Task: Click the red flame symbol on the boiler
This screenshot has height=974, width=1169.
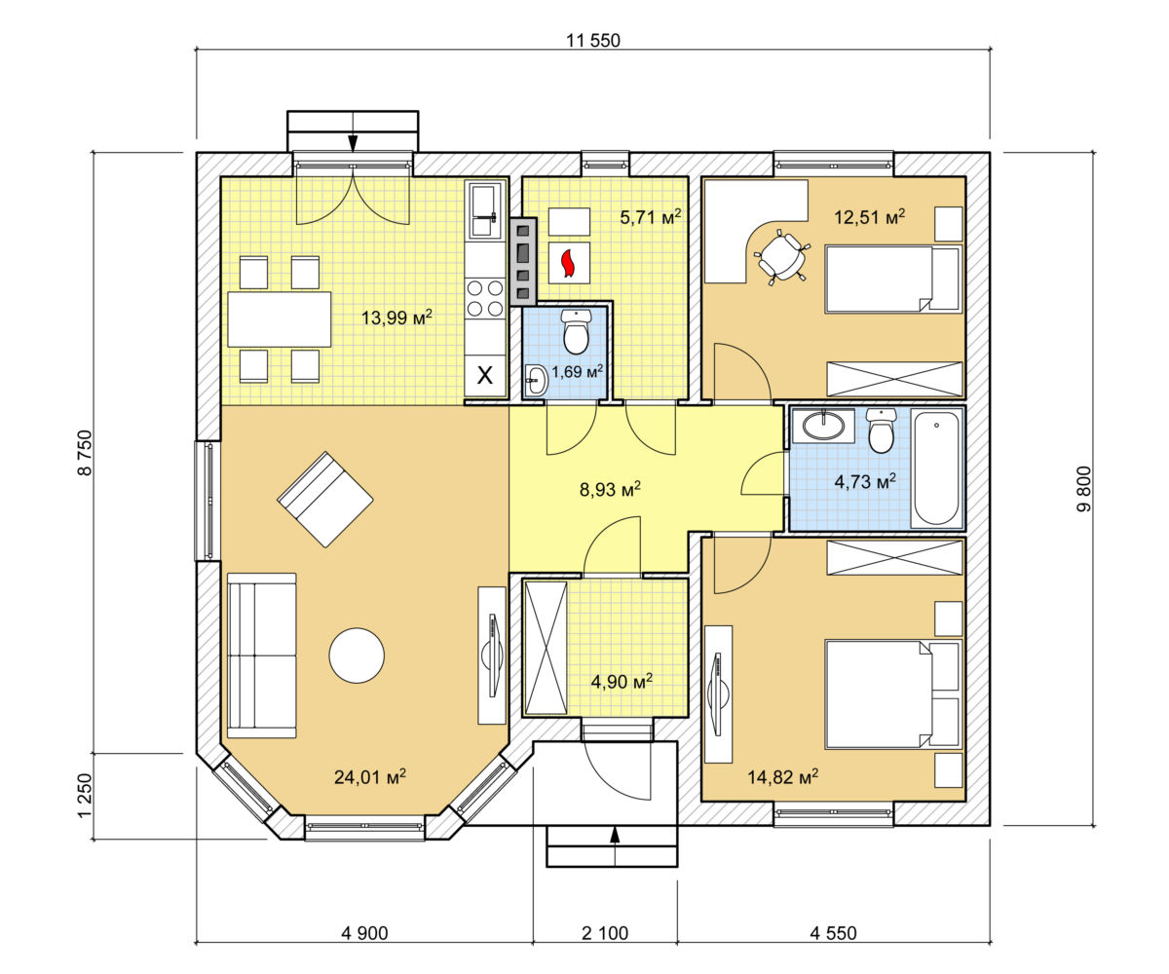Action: (568, 263)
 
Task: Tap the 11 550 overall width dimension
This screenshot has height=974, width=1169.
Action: (593, 41)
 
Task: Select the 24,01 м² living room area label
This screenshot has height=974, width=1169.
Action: (369, 777)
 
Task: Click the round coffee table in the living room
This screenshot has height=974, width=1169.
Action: (357, 656)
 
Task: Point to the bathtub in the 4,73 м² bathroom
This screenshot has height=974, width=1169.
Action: (935, 468)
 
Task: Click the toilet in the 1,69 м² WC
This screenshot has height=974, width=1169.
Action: (576, 331)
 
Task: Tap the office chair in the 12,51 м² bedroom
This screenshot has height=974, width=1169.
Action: (782, 257)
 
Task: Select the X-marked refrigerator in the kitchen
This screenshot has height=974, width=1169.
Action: (485, 375)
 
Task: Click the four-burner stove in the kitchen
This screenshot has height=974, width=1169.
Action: (485, 298)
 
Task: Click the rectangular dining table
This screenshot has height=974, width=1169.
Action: (279, 319)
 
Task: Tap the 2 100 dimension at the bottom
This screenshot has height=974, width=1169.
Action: (605, 933)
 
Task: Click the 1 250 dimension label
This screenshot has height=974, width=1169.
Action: (84, 796)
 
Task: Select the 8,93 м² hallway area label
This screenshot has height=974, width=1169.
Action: (610, 490)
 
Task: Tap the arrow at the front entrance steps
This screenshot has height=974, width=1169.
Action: (615, 845)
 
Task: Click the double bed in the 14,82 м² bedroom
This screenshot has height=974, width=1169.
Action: (893, 694)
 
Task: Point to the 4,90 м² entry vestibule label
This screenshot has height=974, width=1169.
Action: (622, 682)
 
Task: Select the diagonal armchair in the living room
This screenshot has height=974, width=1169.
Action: (325, 500)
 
